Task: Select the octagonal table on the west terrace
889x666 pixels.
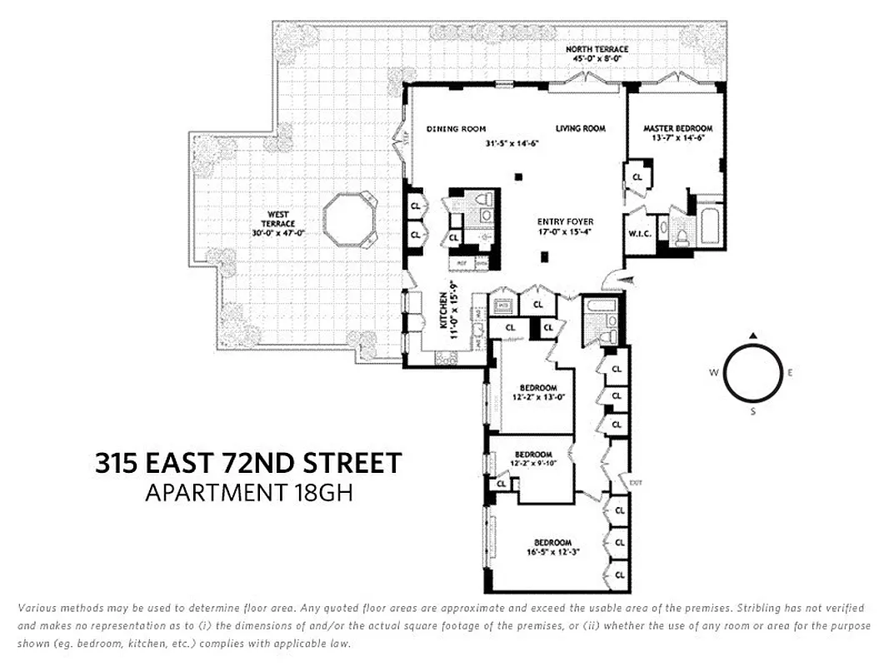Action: pyautogui.click(x=348, y=221)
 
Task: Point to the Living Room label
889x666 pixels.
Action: pyautogui.click(x=581, y=129)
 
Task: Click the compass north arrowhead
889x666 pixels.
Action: pyautogui.click(x=753, y=335)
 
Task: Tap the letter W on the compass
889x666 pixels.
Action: pyautogui.click(x=714, y=373)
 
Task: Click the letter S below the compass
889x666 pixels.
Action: pyautogui.click(x=753, y=411)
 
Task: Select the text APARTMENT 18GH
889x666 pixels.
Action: pyautogui.click(x=249, y=493)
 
